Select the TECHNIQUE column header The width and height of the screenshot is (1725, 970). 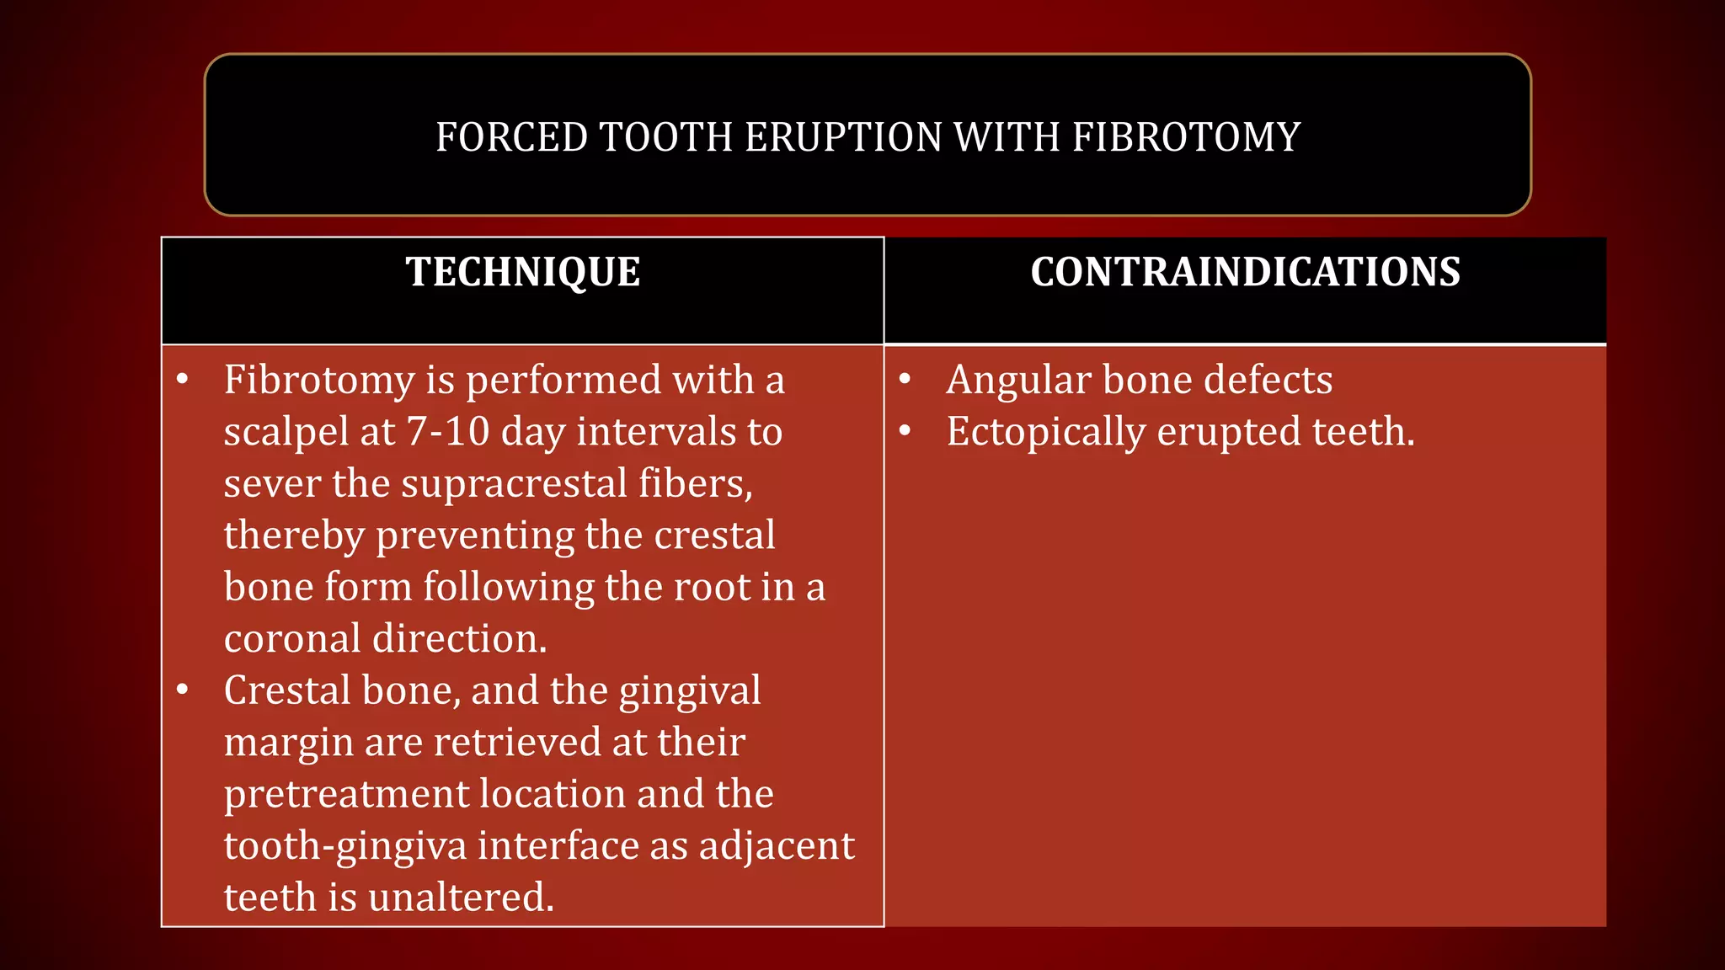pyautogui.click(x=523, y=272)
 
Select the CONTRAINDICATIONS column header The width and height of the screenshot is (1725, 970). pyautogui.click(x=1245, y=272)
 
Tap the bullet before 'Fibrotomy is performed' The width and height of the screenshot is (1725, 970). pyautogui.click(x=183, y=380)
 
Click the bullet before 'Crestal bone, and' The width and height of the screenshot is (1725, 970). pyautogui.click(x=183, y=690)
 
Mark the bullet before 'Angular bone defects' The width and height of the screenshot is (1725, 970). pyautogui.click(x=905, y=380)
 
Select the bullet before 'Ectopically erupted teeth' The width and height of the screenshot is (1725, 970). pyautogui.click(x=905, y=431)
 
